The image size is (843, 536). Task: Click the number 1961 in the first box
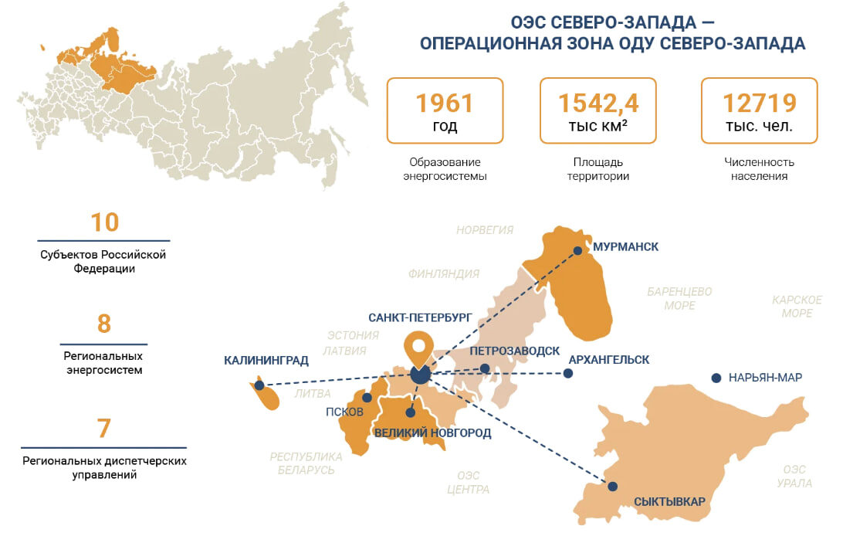coord(444,103)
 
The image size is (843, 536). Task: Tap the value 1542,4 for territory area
coord(598,103)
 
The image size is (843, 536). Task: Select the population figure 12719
coord(759,103)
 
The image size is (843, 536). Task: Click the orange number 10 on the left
coord(104,222)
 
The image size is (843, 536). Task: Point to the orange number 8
coord(104,324)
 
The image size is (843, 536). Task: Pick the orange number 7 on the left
coord(104,428)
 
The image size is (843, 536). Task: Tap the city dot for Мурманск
coord(577,250)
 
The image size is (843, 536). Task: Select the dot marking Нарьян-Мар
coord(716,378)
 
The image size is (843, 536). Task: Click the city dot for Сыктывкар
coord(613,487)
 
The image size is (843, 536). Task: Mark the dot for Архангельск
coord(568,374)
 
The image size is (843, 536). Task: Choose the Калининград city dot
coord(259,385)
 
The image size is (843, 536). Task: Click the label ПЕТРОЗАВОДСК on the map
coord(514,351)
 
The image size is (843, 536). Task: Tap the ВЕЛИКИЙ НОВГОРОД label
coord(432,433)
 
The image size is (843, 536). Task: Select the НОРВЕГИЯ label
coord(485,230)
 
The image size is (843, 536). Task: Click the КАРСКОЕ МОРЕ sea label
coord(797,306)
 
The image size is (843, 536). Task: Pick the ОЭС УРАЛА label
coord(794,477)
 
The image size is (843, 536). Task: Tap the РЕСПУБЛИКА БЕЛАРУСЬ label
coord(306,463)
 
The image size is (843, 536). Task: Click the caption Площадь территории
coord(598,169)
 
